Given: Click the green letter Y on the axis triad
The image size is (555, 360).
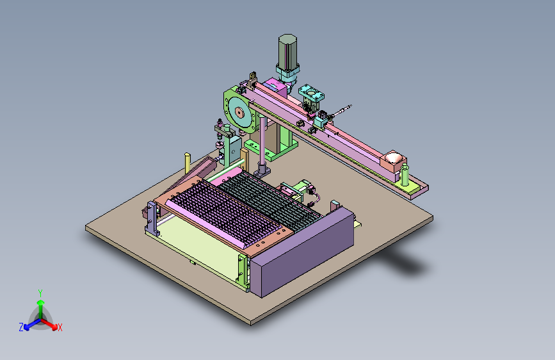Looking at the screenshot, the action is click(40, 293).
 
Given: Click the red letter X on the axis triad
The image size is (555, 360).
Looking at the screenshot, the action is click(60, 327).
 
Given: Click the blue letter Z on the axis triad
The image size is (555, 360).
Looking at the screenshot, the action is click(21, 327).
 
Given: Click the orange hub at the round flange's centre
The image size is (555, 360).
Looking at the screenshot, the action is click(239, 113).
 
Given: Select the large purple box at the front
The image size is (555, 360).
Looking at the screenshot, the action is click(302, 252).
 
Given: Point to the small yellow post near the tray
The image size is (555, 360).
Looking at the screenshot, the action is click(188, 163).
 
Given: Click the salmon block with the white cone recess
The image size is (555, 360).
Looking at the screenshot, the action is click(393, 161).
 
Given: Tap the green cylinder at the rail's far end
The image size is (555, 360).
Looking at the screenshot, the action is click(405, 175).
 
